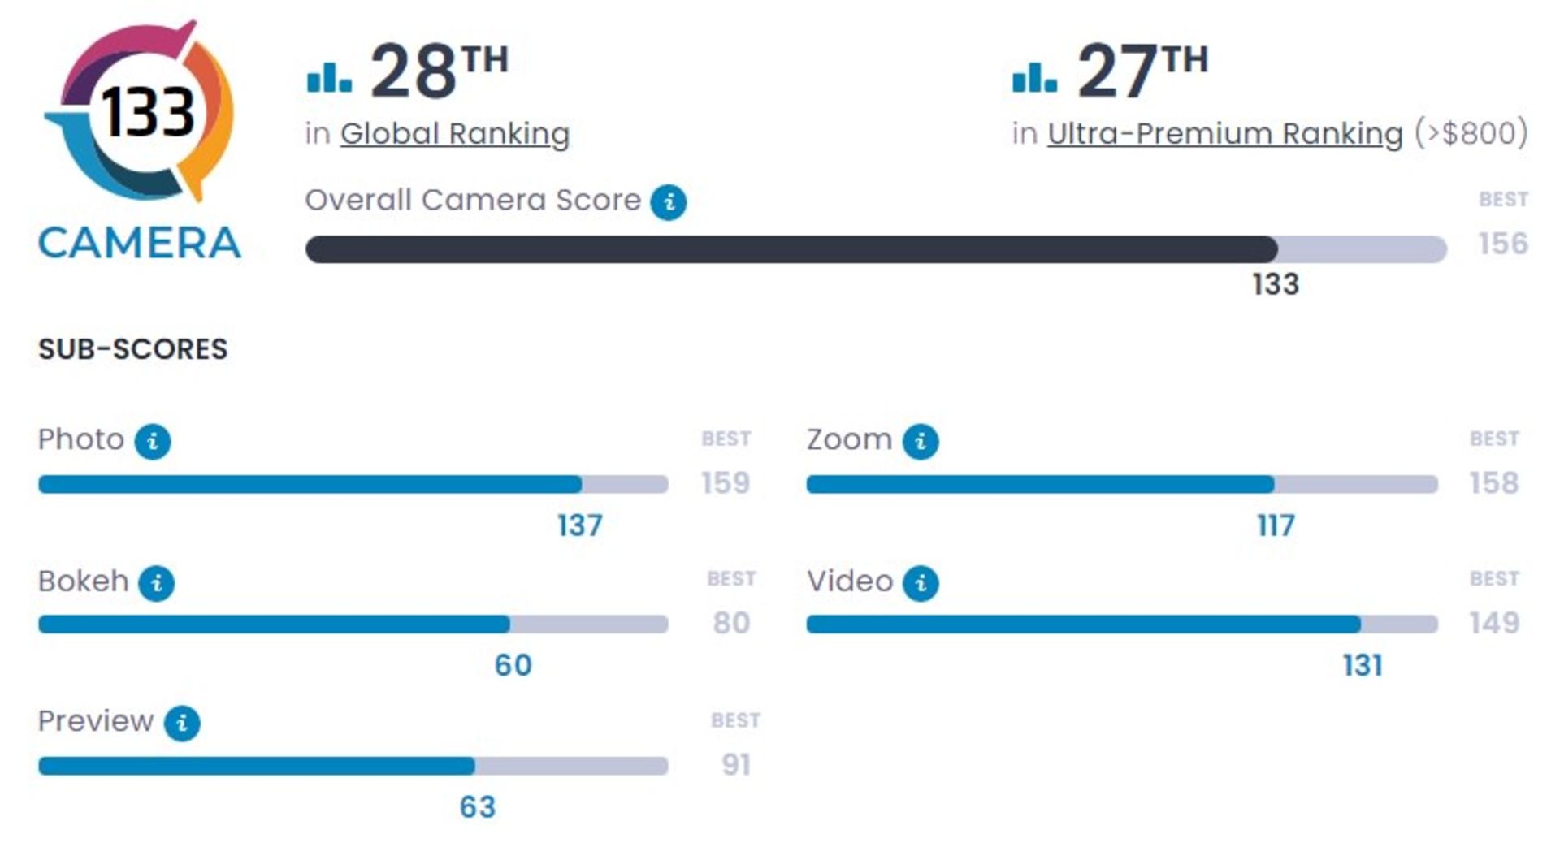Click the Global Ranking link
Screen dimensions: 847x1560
tap(454, 134)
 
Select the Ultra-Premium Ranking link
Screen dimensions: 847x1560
tap(1224, 134)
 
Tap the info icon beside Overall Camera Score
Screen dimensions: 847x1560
tap(668, 202)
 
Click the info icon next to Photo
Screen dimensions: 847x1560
tap(153, 442)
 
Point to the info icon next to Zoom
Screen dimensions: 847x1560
tap(921, 442)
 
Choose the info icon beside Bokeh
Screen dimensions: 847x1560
tap(156, 583)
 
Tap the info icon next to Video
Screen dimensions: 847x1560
tap(921, 583)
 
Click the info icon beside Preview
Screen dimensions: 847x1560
tap(182, 723)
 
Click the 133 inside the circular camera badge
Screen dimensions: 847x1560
tap(147, 112)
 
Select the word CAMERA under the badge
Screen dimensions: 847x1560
tap(140, 244)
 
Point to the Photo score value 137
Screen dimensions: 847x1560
tap(579, 526)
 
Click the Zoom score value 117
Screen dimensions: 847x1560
tap(1276, 526)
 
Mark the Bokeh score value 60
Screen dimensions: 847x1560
tap(513, 666)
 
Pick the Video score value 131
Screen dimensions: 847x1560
tap(1363, 666)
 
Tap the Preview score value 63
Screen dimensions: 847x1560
tap(477, 807)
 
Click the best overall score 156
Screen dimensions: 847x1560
tap(1503, 244)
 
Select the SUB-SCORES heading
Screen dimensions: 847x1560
tap(133, 349)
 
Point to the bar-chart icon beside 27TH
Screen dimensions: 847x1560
tap(1034, 77)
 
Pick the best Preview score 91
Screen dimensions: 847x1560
tap(736, 765)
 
